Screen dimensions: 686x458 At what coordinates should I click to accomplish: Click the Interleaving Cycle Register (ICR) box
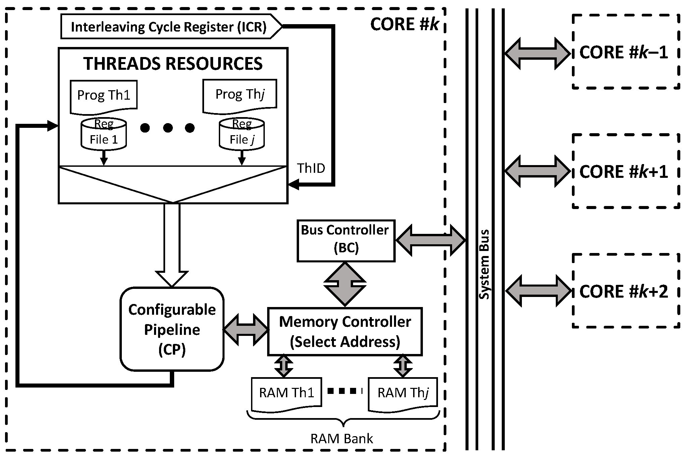pos(171,27)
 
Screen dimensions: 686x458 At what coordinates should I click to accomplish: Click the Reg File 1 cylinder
pos(104,134)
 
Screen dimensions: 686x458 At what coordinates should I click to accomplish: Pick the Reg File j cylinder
pos(242,134)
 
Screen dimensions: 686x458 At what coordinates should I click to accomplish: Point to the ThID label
pos(311,168)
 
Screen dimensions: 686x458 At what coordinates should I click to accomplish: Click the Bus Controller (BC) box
pos(346,241)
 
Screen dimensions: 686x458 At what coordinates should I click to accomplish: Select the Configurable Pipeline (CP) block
pos(172,329)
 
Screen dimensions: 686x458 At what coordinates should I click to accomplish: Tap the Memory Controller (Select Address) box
pos(345,332)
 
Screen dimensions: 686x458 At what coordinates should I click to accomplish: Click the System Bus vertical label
pos(484,264)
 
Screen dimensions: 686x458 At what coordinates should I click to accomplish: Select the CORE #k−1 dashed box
pos(626,52)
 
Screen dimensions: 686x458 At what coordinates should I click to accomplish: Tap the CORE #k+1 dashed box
pos(626,171)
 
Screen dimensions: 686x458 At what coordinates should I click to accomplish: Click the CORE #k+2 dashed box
pos(626,291)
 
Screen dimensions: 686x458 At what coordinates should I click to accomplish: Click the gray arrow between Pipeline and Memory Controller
pos(246,330)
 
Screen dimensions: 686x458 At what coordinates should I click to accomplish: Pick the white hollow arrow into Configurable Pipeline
pos(172,245)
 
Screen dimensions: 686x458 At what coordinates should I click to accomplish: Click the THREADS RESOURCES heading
pos(173,64)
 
